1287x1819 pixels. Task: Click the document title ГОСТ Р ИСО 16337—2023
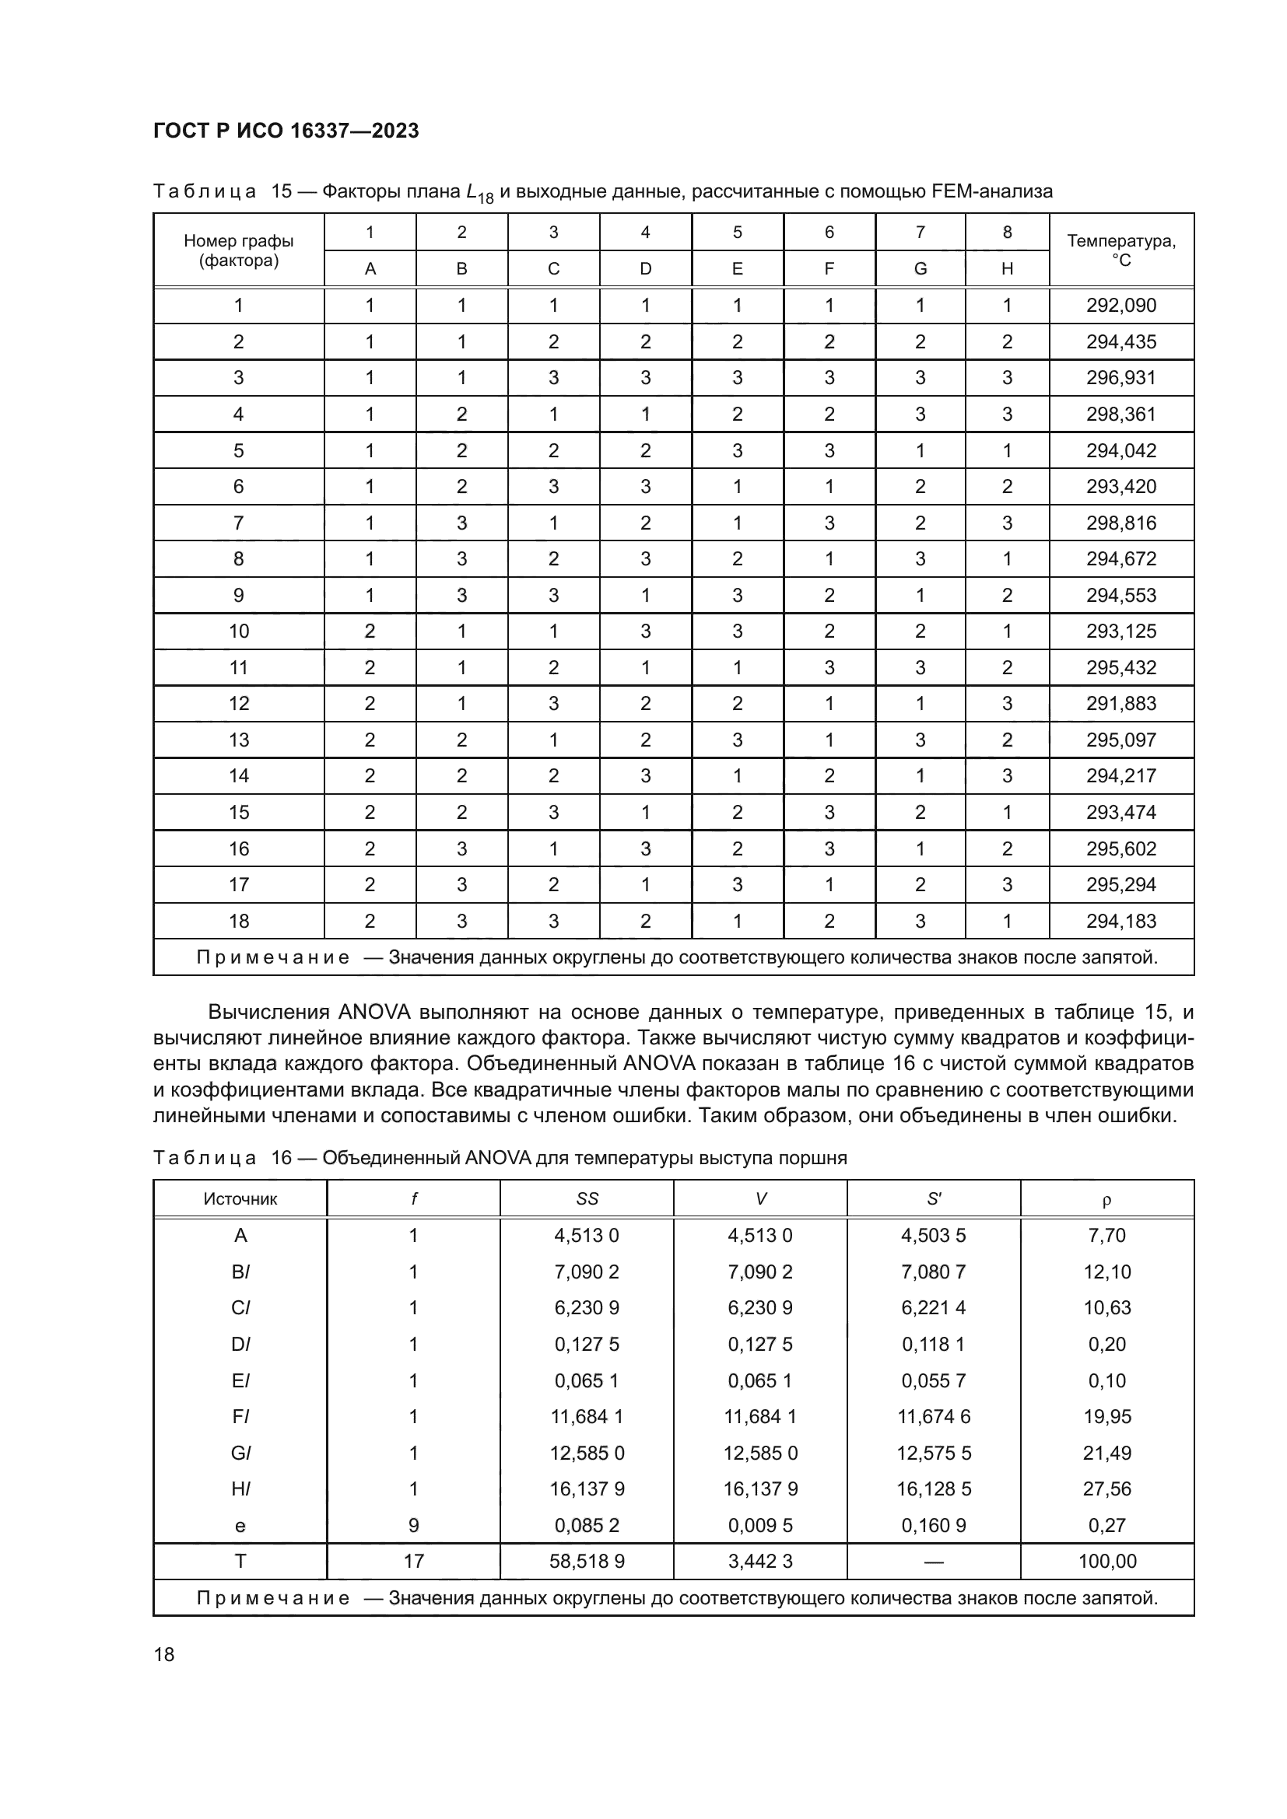tap(286, 131)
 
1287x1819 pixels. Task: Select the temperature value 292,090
tap(1120, 305)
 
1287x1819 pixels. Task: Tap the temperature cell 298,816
tap(1120, 523)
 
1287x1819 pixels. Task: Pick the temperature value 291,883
tap(1120, 704)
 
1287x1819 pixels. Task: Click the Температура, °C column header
tap(1120, 250)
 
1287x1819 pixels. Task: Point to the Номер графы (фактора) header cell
tap(239, 250)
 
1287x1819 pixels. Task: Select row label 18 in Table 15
tap(239, 921)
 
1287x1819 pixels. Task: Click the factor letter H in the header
tap(1006, 268)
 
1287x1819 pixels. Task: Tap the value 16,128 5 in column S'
tap(934, 1488)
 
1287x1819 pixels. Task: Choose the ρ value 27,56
tap(1106, 1488)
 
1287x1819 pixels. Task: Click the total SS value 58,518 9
tap(587, 1561)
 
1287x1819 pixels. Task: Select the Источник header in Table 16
tap(240, 1198)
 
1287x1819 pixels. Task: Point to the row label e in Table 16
tap(240, 1525)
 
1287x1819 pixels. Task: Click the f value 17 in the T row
tap(413, 1561)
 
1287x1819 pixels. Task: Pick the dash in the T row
tap(934, 1562)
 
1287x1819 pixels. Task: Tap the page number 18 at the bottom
tap(164, 1654)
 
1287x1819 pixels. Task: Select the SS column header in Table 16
tap(587, 1198)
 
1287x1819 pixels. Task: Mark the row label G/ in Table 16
tap(240, 1453)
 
